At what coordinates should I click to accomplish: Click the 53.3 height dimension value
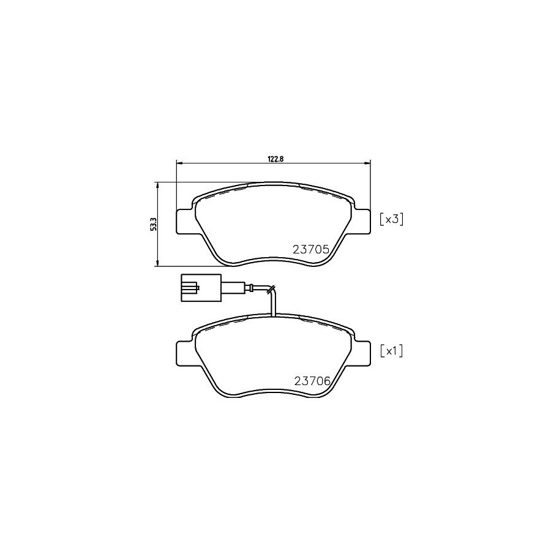pos(153,224)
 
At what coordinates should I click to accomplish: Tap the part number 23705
pos(311,250)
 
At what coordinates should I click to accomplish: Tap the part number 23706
pos(312,381)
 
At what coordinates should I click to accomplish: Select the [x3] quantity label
pos(391,220)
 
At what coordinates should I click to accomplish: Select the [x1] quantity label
pos(391,351)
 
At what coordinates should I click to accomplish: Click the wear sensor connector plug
pos(201,288)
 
